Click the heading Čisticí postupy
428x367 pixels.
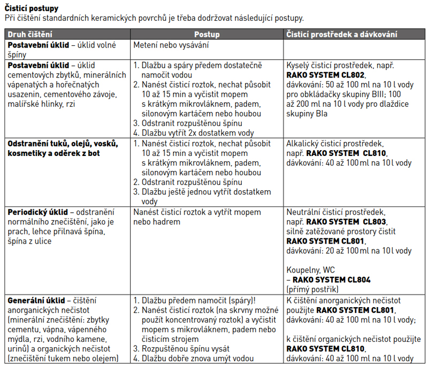pyautogui.click(x=32, y=9)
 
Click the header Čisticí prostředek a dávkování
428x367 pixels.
pyautogui.click(x=342, y=34)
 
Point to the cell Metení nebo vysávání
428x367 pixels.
pyautogui.click(x=171, y=45)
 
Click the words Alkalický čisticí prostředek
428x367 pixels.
pyautogui.click(x=334, y=144)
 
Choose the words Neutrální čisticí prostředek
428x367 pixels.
pyautogui.click(x=335, y=212)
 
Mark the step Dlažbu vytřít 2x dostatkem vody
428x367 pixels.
pyautogui.click(x=197, y=133)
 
